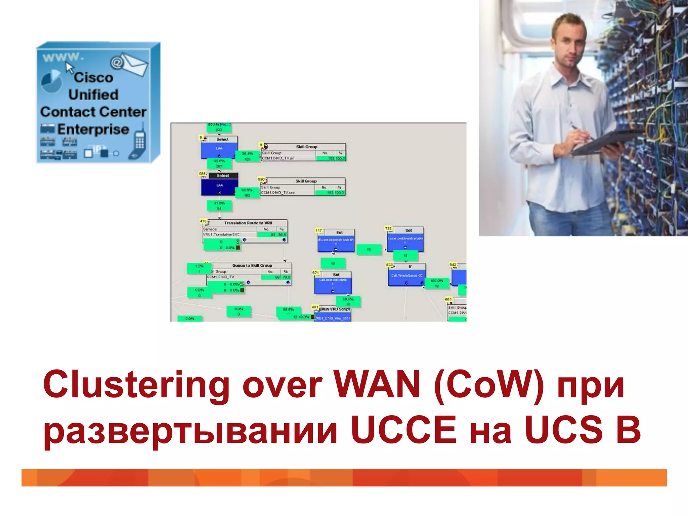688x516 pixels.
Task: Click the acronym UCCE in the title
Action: click(x=404, y=430)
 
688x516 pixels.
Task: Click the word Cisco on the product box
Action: click(x=94, y=78)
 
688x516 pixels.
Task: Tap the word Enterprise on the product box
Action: click(x=93, y=129)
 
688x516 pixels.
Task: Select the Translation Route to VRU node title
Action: click(x=248, y=223)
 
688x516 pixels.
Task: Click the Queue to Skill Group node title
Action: click(x=252, y=265)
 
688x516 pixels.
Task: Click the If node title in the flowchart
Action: click(x=410, y=267)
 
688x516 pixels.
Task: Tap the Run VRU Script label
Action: click(x=336, y=309)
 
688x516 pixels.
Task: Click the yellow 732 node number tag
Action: click(x=388, y=228)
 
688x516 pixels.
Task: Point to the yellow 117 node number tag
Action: click(x=318, y=230)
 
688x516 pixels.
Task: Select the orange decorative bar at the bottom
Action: click(x=344, y=477)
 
